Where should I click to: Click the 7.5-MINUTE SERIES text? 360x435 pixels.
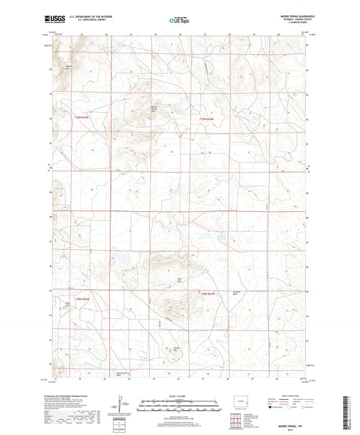tap(294, 23)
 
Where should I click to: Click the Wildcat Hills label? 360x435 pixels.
tap(68, 66)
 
